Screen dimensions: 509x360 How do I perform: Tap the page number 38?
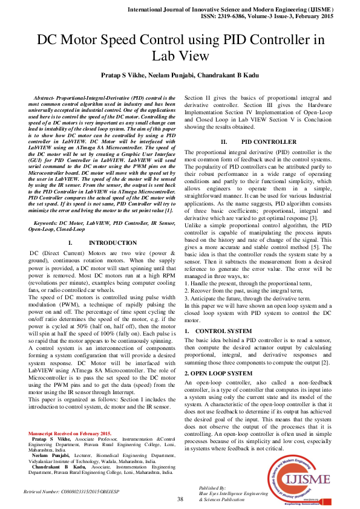click(180, 499)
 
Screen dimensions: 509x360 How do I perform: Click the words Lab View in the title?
click(180, 56)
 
